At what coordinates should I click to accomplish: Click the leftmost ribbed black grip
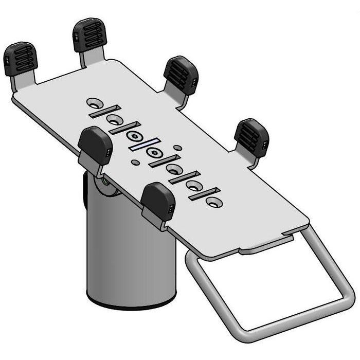21,58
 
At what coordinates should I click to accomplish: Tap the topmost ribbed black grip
89,35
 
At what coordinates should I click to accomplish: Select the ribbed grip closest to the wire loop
251,136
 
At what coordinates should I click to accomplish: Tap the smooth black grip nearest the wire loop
158,201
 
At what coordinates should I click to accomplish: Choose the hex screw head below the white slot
153,153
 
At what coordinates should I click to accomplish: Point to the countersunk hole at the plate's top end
93,101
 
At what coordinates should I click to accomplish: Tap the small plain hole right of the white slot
177,148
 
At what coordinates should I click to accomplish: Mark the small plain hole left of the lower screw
135,163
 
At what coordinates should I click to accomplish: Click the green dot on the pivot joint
105,181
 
